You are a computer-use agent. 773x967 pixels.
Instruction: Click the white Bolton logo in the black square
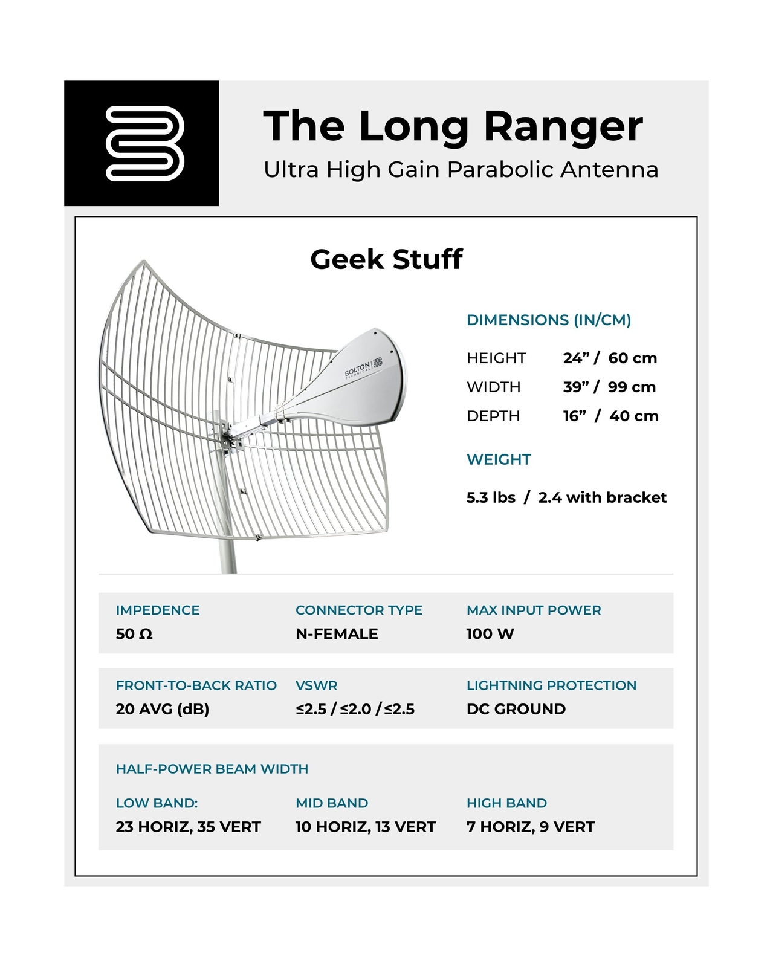coord(144,143)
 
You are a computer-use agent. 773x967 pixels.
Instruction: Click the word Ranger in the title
coord(563,126)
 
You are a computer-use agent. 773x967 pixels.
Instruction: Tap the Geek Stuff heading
coord(386,259)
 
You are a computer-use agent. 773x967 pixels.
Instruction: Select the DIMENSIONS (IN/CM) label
coord(548,320)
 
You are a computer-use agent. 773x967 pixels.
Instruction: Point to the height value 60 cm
coord(632,358)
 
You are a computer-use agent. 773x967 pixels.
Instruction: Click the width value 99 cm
coord(632,387)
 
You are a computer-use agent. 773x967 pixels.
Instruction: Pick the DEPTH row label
coord(493,416)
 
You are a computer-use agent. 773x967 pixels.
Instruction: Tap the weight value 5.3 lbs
coord(491,497)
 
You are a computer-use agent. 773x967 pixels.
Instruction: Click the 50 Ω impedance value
coord(134,634)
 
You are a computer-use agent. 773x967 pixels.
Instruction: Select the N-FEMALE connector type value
coord(337,634)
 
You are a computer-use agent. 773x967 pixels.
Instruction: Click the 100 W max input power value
coord(490,634)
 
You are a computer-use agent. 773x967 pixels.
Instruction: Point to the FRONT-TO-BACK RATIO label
coord(196,685)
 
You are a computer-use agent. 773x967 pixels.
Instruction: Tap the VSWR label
coord(316,685)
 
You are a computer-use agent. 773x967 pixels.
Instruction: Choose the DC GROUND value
coord(516,709)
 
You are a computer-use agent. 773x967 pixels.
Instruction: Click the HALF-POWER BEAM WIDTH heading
coord(212,769)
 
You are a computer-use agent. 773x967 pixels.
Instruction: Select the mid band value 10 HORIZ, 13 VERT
coord(365,827)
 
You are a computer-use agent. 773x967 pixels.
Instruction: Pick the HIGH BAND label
coord(506,803)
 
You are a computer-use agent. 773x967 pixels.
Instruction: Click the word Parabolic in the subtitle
coord(500,170)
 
